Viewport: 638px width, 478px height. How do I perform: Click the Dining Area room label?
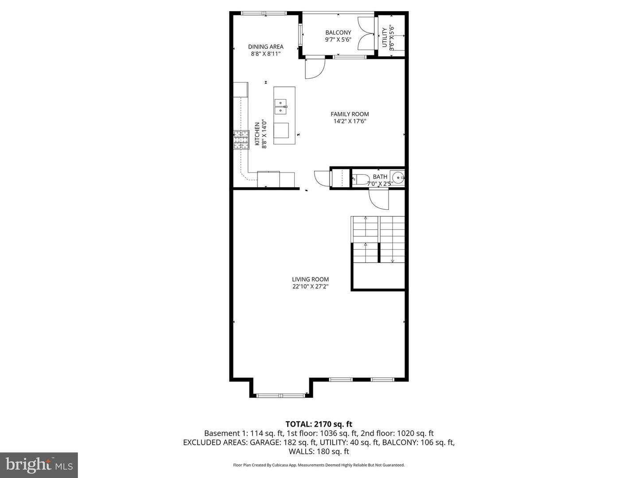265,47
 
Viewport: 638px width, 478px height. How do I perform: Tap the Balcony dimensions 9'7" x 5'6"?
338,39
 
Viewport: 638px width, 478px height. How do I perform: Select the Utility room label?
384,38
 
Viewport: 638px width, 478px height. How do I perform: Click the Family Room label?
350,114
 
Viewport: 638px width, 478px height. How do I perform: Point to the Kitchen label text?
257,134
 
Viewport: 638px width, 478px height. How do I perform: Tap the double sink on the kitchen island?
280,104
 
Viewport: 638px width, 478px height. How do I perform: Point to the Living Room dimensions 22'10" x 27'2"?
310,286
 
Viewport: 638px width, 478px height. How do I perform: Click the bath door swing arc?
379,199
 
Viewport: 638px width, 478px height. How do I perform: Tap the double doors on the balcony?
366,34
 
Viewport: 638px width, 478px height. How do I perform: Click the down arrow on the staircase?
393,260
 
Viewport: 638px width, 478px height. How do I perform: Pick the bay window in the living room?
281,395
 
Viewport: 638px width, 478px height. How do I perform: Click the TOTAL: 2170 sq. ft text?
319,424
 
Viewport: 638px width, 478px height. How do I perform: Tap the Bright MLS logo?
39,465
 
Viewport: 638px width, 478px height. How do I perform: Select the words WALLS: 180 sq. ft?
319,451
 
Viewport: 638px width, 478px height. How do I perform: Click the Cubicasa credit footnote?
319,465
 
